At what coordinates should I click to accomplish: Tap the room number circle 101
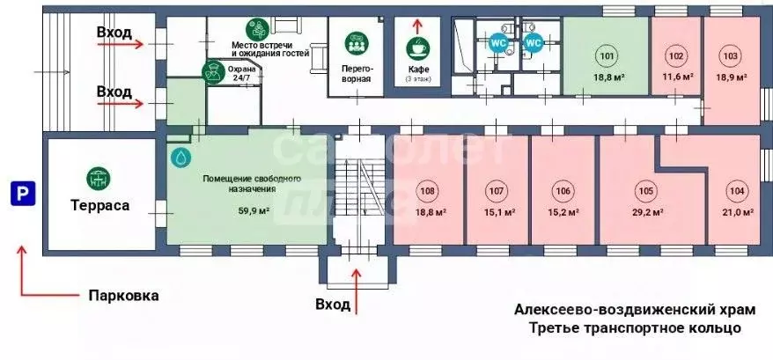click(607, 57)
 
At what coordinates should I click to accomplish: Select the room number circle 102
click(675, 57)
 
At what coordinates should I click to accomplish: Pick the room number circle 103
click(730, 57)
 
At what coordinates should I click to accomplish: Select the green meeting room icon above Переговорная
click(357, 42)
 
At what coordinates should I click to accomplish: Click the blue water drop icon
click(181, 157)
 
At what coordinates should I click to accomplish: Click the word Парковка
click(123, 296)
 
